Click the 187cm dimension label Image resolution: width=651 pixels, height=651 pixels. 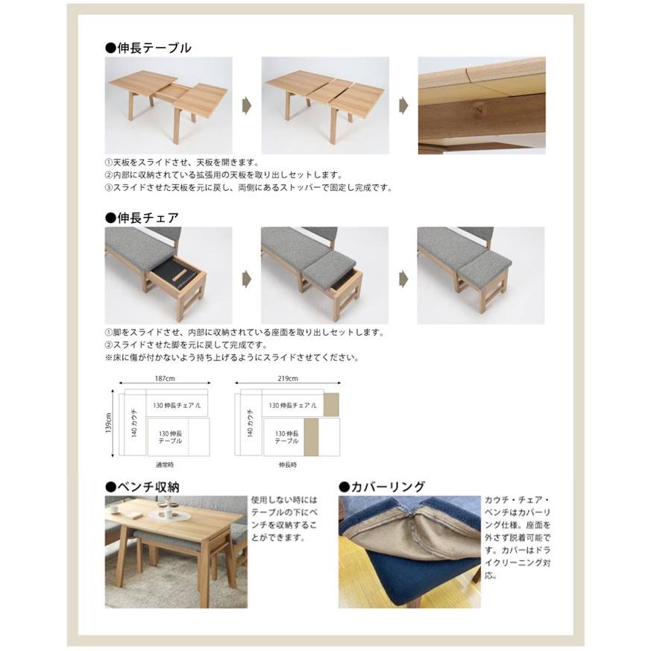(x=165, y=378)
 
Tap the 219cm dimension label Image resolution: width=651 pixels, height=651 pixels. (x=288, y=378)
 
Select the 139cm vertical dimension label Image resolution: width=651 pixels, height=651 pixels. (x=108, y=423)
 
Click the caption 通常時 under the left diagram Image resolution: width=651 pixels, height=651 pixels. (x=165, y=465)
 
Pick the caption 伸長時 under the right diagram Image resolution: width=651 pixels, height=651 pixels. (x=288, y=465)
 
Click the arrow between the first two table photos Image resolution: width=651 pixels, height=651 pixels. (x=247, y=105)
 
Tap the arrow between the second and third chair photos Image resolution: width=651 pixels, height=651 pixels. (x=403, y=279)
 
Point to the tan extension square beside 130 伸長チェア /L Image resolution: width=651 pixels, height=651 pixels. (x=331, y=404)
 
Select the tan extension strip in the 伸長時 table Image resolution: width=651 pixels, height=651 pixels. (x=312, y=437)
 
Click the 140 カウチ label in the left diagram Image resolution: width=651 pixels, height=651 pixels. (x=133, y=423)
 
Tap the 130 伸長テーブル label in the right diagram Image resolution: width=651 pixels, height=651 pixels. (x=286, y=437)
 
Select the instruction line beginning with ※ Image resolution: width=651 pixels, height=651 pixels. (x=232, y=357)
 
